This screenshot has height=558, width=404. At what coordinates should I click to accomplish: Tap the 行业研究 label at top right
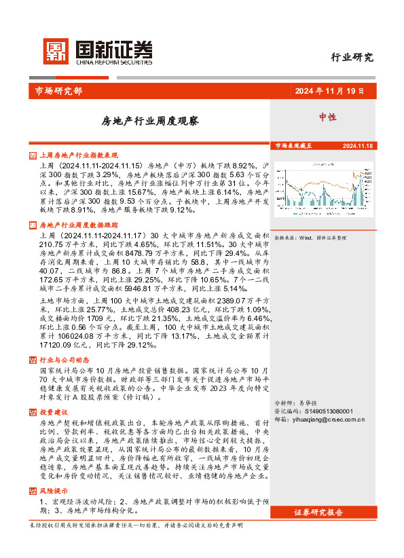coord(352,57)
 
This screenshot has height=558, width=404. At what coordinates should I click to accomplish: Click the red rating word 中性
coord(329,117)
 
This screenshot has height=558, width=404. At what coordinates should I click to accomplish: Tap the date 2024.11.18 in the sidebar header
coord(359,146)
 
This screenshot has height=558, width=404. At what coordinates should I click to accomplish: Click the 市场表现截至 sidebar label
coord(293,146)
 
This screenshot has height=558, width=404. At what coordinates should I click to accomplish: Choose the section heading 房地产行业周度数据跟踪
coord(79,224)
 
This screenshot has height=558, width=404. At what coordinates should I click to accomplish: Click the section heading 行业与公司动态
coord(65,360)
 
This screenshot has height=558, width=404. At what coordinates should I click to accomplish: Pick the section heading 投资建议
coord(54,412)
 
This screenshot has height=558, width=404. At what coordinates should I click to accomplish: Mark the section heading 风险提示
coord(54,489)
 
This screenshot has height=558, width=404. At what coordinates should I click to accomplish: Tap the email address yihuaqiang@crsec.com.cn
coord(329,419)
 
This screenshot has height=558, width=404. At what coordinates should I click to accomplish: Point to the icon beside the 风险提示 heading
coord(34,489)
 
